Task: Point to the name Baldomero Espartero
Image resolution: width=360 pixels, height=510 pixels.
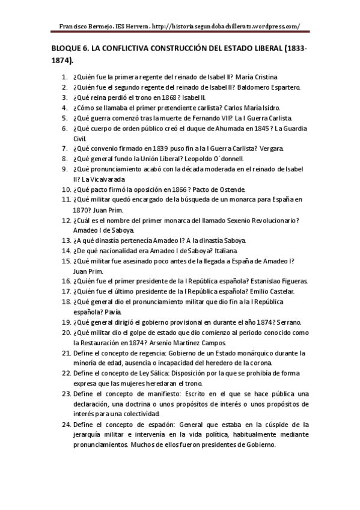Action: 275,87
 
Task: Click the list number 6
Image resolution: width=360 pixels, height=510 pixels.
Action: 65,128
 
